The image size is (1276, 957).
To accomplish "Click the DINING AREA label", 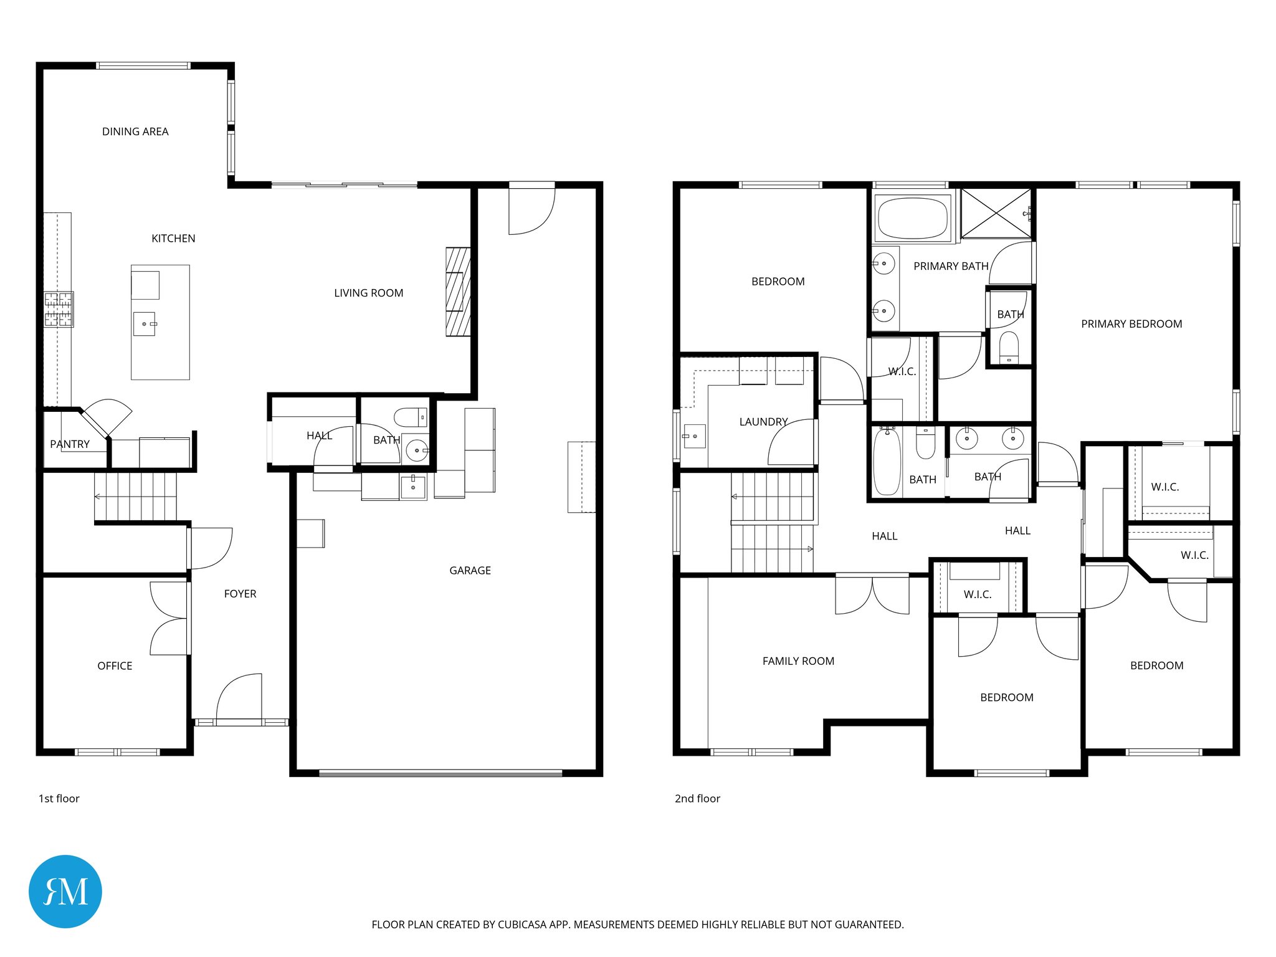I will point(135,131).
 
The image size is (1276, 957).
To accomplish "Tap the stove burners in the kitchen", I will point(59,309).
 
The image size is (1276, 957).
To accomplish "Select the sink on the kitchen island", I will point(145,324).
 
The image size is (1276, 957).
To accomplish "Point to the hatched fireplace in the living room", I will point(458,292).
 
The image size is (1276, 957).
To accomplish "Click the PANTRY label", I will point(70,444).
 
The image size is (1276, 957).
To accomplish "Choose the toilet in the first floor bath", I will point(410,417).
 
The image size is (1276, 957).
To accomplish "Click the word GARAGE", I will point(470,570).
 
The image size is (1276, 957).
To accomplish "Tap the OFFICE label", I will point(115,665).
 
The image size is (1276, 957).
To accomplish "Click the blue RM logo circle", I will point(65,891).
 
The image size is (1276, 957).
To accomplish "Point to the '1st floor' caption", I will point(59,798).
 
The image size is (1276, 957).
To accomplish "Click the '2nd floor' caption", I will point(697,798).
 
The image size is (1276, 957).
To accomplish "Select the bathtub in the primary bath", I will point(912,218).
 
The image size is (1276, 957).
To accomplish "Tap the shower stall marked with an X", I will point(996,214).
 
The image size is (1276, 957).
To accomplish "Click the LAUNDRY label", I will point(763,422).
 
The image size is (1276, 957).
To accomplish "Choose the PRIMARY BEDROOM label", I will point(1131,324).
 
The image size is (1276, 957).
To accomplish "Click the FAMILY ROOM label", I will point(798,661).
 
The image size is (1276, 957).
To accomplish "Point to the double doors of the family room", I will point(872,595).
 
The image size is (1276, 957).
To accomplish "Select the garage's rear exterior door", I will point(531,209).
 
